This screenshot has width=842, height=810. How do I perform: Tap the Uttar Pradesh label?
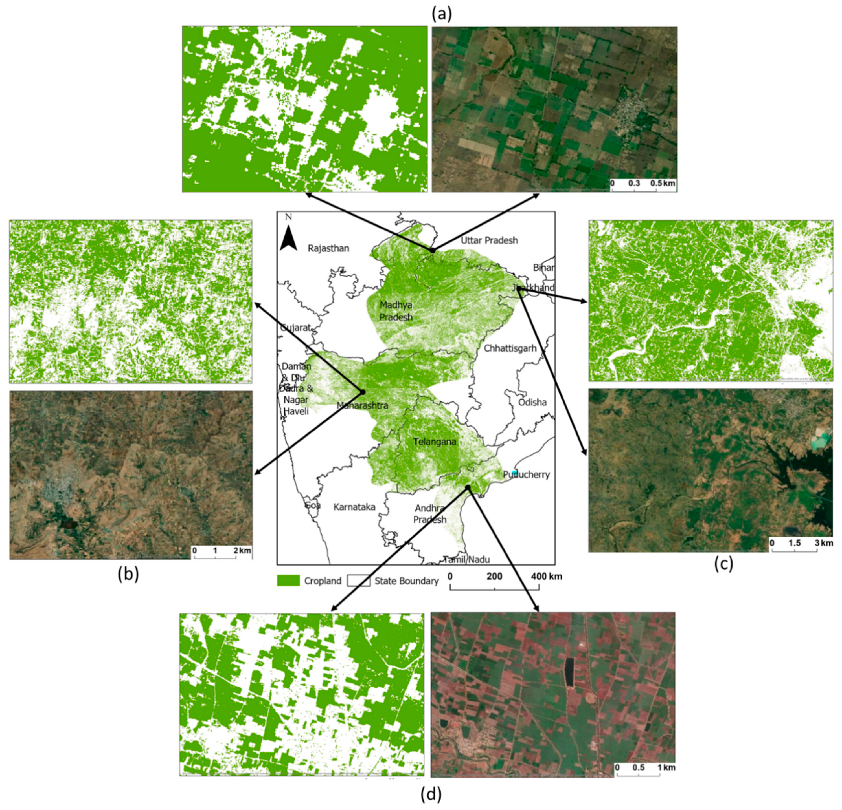(489, 240)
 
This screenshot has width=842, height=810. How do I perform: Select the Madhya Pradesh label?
(396, 311)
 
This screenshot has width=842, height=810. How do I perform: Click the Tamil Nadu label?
(466, 559)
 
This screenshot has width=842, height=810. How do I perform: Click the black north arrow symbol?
(289, 239)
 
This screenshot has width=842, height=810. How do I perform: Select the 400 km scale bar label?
(546, 576)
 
